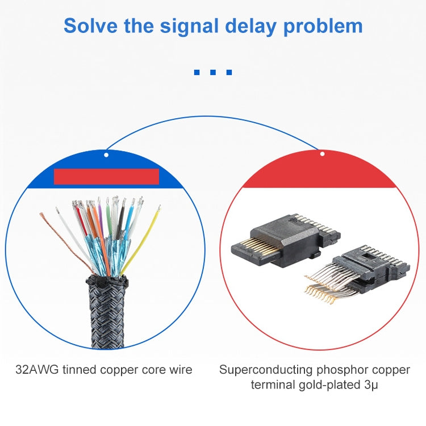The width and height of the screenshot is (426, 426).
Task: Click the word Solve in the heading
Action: (91, 26)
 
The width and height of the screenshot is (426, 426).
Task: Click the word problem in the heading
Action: (323, 27)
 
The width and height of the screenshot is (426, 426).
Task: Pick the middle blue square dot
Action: (213, 72)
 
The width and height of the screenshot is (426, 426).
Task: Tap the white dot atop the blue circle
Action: (106, 155)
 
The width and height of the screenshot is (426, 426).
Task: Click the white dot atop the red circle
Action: (322, 154)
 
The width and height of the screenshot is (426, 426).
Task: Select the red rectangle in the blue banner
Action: (107, 177)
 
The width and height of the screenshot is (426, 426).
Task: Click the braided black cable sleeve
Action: (107, 312)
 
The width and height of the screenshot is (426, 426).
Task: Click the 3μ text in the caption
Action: (371, 385)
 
